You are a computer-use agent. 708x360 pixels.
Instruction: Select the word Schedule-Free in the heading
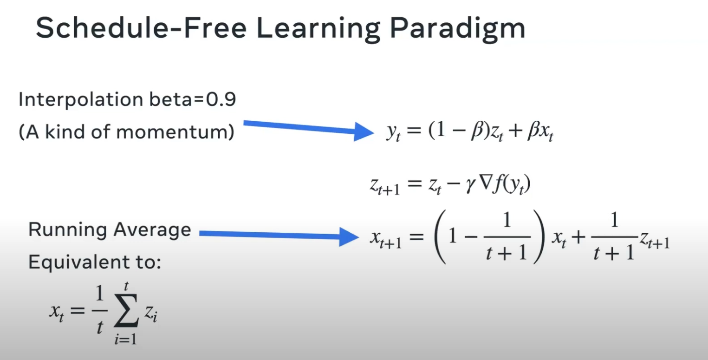point(141,28)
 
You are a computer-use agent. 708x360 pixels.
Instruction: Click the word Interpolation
point(81,100)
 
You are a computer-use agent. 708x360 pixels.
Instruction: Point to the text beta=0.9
point(193,99)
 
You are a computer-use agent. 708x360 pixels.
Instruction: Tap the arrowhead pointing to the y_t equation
point(364,131)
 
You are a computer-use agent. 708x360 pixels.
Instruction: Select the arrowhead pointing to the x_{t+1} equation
point(349,236)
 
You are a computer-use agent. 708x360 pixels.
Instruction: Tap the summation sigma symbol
point(126,310)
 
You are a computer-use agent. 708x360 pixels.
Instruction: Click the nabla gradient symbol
point(485,183)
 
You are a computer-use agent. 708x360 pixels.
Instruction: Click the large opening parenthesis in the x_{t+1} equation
point(440,236)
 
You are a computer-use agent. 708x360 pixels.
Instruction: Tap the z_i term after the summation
point(151,314)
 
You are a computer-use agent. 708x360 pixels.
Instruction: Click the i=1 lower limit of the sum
point(126,339)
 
